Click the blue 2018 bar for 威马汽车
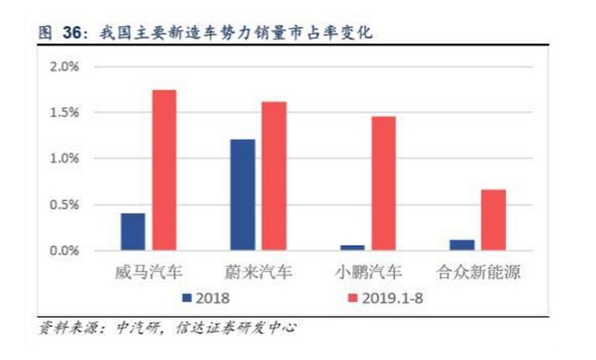click(x=133, y=232)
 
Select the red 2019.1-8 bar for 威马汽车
click(x=164, y=170)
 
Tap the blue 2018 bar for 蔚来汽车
click(x=242, y=195)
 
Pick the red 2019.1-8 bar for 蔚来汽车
click(x=273, y=176)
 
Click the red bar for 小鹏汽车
click(x=383, y=183)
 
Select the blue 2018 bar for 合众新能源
click(x=461, y=245)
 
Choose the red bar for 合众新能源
click(x=492, y=220)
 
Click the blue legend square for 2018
click(x=186, y=298)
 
